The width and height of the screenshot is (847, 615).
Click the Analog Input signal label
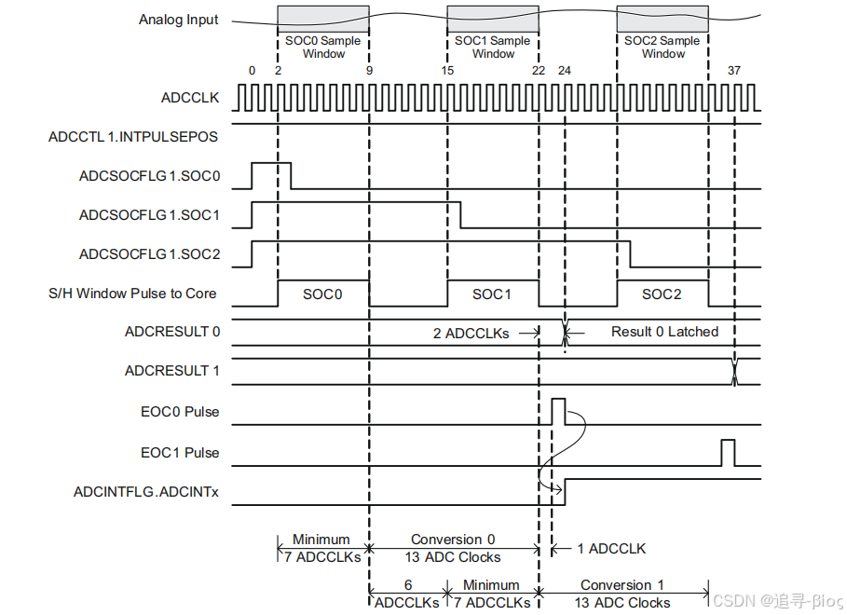pos(179,20)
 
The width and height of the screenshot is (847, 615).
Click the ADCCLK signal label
pos(189,97)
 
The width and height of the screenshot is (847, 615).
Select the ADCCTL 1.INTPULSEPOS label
pos(133,137)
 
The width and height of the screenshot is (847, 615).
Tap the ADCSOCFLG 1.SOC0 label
pos(150,175)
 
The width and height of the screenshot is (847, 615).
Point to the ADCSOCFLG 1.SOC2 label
pos(150,253)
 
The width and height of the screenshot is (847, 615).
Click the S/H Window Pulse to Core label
pos(132,294)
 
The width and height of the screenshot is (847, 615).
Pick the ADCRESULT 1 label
pos(172,371)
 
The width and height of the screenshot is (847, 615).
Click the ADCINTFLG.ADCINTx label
pos(146,491)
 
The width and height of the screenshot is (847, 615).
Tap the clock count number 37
pos(734,71)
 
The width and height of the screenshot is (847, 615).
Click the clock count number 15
pos(447,71)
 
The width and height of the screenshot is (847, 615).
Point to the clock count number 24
pos(564,71)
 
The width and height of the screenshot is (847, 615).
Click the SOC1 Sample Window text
pos(493,48)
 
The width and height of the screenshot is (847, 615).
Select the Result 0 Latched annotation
pos(664,332)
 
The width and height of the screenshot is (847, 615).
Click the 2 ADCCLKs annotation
pos(471,333)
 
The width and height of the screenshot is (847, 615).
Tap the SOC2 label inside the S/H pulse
pos(662,294)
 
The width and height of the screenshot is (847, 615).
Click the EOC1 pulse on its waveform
pos(728,452)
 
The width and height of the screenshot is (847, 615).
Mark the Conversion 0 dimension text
pos(453,540)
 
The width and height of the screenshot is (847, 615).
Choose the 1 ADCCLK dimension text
pos(611,549)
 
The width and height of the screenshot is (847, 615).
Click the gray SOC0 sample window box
pos(323,19)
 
